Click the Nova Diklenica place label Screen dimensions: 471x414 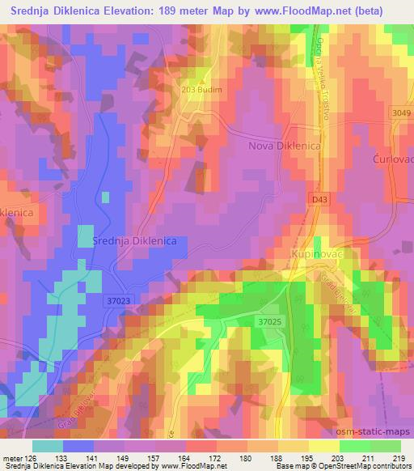pyautogui.click(x=283, y=146)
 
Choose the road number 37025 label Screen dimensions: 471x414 pyautogui.click(x=270, y=321)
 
